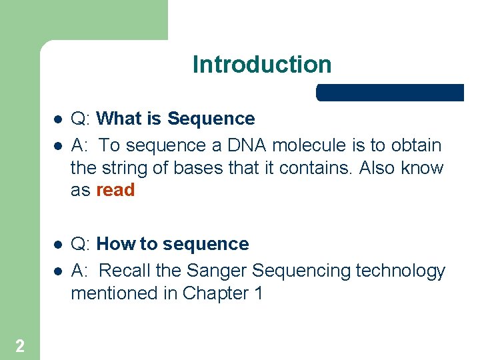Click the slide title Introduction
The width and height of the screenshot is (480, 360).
(x=261, y=65)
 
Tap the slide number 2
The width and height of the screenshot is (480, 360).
(x=20, y=345)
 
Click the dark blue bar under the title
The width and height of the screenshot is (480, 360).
(x=390, y=93)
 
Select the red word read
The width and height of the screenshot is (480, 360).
(x=115, y=190)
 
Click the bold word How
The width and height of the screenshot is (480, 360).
(x=116, y=244)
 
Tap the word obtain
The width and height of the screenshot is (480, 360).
(x=415, y=145)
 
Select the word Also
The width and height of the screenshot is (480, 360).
(x=378, y=168)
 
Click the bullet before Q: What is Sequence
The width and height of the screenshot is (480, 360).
(x=57, y=119)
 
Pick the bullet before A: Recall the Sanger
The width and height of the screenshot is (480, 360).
(x=57, y=271)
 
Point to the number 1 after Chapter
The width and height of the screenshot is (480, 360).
(x=257, y=293)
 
